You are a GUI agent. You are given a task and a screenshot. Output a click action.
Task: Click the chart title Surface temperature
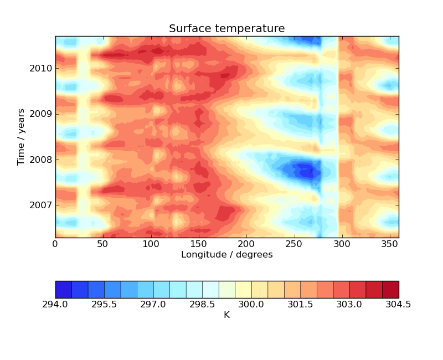(x=226, y=29)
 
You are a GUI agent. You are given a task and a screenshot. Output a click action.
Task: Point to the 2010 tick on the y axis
(x=42, y=69)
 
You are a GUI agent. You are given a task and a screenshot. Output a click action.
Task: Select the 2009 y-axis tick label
(x=42, y=114)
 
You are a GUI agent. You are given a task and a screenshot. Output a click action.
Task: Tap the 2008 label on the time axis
(x=42, y=160)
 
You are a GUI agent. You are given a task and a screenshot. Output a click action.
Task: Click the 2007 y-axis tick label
(x=42, y=205)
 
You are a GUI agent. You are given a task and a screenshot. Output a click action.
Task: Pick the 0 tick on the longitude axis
(x=55, y=244)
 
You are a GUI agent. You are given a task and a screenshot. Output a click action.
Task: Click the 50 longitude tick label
(x=103, y=244)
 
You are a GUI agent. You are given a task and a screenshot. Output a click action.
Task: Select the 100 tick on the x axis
(x=151, y=244)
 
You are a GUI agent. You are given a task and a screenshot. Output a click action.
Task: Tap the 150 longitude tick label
(x=198, y=244)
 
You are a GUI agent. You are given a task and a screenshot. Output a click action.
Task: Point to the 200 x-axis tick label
(x=246, y=244)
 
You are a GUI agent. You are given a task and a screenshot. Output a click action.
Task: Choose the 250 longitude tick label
(x=294, y=244)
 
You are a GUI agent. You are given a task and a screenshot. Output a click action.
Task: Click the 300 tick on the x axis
(x=342, y=244)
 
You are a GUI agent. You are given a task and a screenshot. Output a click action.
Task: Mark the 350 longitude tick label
(x=389, y=244)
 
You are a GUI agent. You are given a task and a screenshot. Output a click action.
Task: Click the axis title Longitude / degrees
(x=226, y=255)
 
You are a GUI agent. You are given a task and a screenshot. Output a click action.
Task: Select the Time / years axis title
(x=22, y=137)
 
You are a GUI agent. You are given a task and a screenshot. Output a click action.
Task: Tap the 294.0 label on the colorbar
(x=55, y=305)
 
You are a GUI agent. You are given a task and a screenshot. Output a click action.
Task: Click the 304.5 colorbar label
(x=398, y=305)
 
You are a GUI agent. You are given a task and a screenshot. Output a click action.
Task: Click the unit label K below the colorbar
(x=226, y=315)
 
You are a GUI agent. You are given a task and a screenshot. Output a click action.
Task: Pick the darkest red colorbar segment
(x=390, y=289)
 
